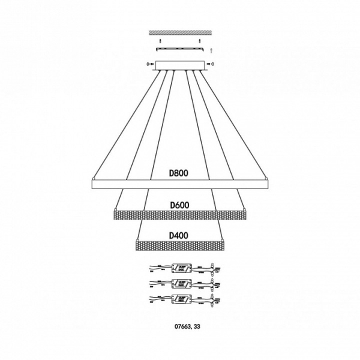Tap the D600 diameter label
click(179, 204)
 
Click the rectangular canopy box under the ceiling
click(179, 64)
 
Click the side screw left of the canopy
click(148, 64)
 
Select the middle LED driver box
click(181, 282)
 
